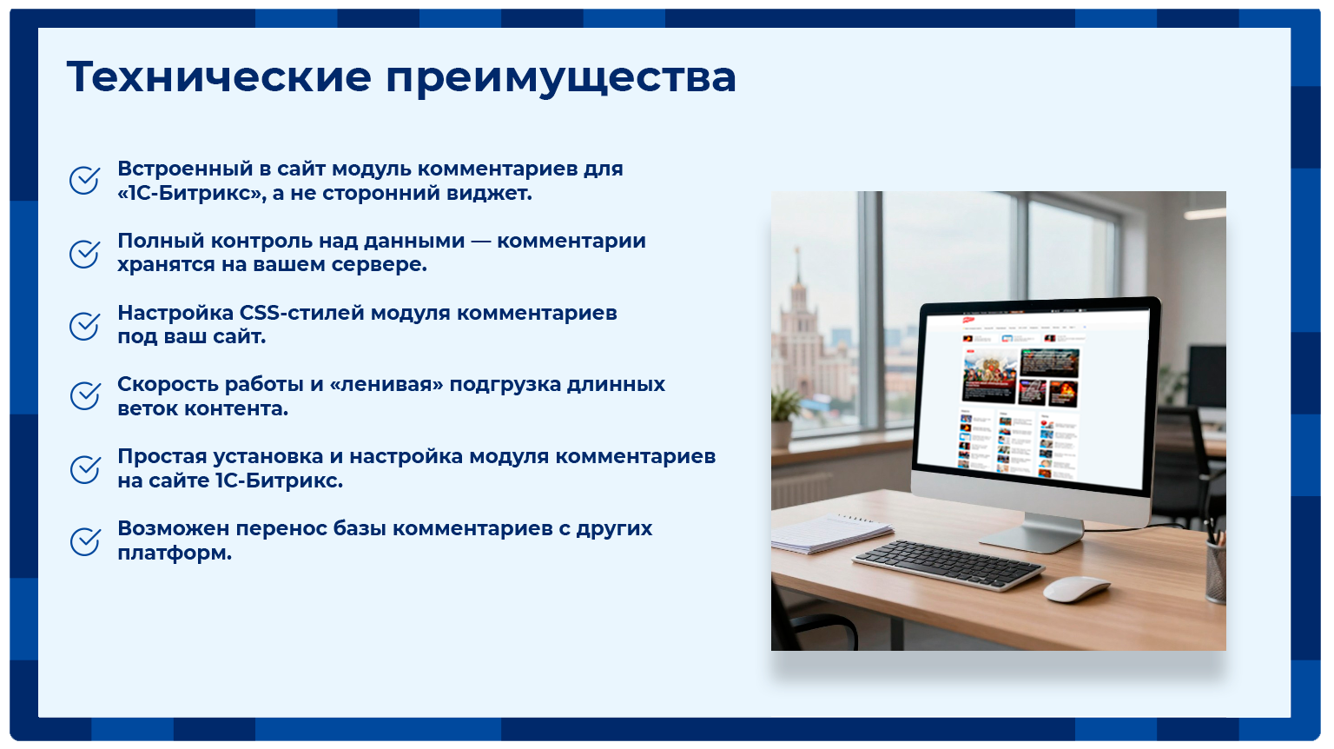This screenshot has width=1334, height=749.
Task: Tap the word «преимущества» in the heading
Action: pos(561,78)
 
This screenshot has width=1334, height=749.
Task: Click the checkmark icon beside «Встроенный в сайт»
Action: pos(84,181)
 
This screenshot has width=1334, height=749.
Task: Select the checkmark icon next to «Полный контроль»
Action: pos(84,254)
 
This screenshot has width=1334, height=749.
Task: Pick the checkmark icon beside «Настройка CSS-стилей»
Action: pos(84,326)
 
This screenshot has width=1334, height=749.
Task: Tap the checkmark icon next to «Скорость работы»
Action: pos(84,396)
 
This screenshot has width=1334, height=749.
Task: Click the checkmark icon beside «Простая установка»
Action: pos(84,469)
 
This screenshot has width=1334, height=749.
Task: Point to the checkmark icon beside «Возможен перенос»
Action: pos(84,541)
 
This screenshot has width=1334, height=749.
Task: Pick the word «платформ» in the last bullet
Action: pos(172,553)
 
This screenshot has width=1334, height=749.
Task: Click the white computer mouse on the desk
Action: pos(1075,589)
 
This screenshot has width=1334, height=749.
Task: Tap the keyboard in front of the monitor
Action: pos(948,564)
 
